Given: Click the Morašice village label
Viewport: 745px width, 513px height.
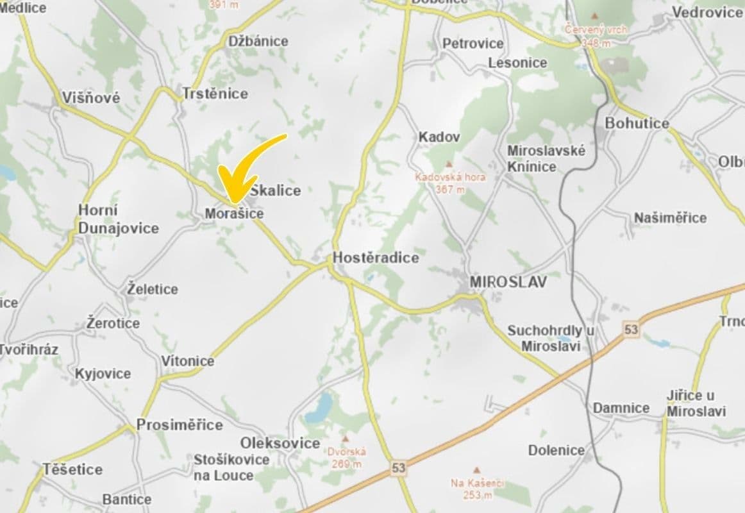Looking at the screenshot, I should tap(234, 214).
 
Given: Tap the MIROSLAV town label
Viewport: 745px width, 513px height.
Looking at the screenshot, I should tap(508, 282).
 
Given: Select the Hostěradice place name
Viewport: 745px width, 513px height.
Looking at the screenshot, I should tap(376, 258).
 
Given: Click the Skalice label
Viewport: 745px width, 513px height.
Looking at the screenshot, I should tap(276, 190).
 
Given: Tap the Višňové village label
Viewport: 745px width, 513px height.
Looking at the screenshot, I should tap(91, 98).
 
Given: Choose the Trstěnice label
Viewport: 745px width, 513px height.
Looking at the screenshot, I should tap(215, 94).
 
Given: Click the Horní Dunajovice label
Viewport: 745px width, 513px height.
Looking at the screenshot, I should tap(119, 219).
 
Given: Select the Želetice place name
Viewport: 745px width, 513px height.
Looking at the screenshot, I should tap(153, 289).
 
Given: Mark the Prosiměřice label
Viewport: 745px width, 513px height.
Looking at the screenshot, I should tap(180, 425).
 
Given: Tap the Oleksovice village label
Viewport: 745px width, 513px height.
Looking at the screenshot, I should tap(280, 443).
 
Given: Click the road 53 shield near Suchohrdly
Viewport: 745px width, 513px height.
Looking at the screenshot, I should tap(632, 330).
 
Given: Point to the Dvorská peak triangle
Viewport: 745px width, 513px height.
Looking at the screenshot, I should tap(345, 440).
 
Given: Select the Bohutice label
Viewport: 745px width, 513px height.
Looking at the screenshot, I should tap(637, 123).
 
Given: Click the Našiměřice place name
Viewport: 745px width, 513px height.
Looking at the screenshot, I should tap(670, 218).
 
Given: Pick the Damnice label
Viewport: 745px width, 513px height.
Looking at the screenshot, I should tap(621, 408).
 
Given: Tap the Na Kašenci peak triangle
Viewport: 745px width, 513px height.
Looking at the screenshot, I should tap(476, 470).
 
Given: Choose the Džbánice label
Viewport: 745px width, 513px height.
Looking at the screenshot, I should tap(258, 41).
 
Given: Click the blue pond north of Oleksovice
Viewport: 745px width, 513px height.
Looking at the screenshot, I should tap(319, 408).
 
